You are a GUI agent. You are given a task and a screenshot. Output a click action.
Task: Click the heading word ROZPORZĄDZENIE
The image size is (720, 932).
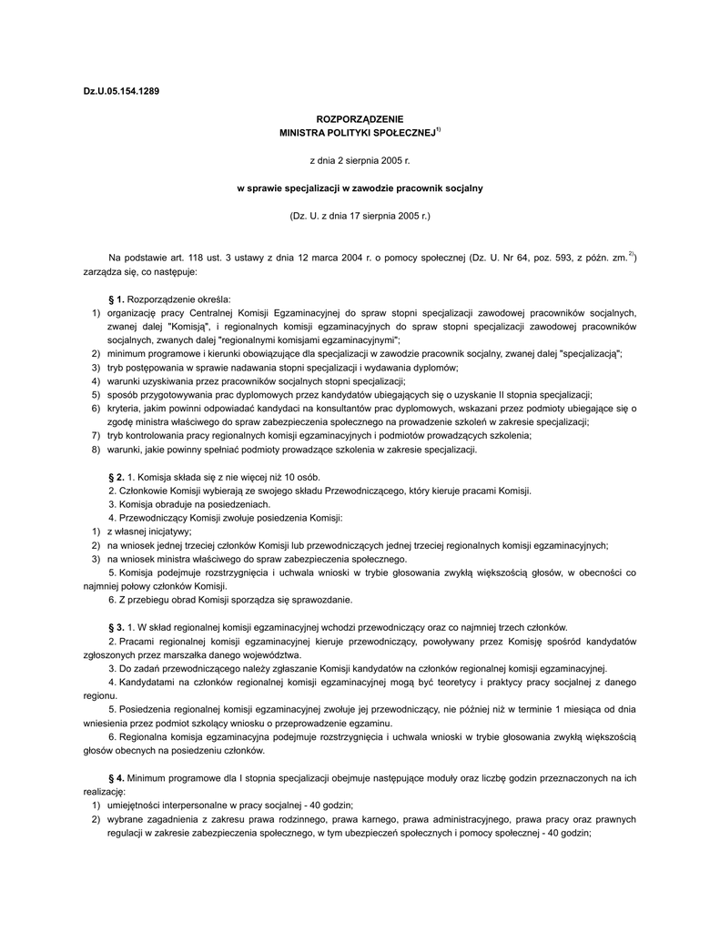click(x=359, y=120)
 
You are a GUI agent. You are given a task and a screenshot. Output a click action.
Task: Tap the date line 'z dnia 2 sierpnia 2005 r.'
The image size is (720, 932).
click(x=360, y=160)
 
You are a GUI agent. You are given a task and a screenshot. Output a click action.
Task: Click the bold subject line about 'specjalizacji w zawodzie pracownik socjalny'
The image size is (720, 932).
click(x=360, y=187)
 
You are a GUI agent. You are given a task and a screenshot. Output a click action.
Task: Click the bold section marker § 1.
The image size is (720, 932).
click(x=116, y=299)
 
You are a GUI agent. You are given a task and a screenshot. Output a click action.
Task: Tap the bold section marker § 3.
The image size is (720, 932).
click(x=116, y=627)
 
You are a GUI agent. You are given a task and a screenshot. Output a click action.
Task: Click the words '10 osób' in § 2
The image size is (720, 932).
click(x=301, y=477)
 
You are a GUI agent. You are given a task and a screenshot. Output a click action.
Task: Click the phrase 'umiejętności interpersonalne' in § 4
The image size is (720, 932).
click(x=165, y=805)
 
